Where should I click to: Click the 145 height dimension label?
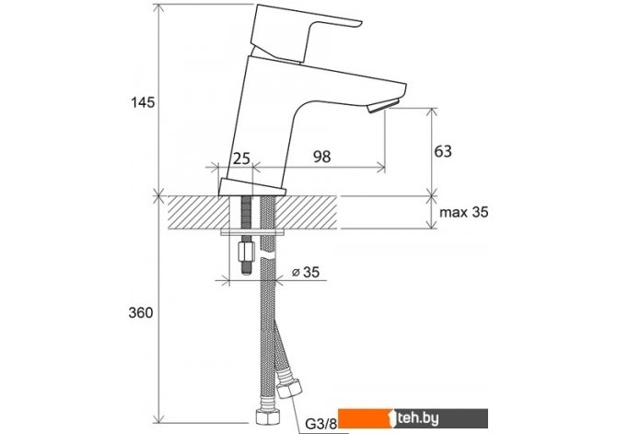143,102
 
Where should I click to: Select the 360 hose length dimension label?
141,312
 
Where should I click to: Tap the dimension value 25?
241,158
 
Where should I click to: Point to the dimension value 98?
322,157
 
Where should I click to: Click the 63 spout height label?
443,151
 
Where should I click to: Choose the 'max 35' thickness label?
464,212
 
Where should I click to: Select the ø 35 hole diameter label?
306,272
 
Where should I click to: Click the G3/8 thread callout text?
321,424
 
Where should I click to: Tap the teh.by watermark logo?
413,418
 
